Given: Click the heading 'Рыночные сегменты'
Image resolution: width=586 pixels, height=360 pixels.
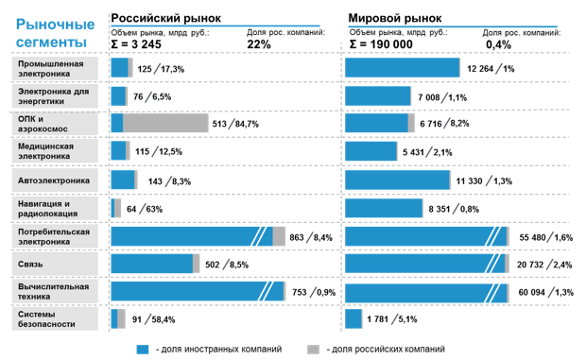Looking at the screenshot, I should point(53,31).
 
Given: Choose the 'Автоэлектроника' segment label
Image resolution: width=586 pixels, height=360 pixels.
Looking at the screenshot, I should point(57,180).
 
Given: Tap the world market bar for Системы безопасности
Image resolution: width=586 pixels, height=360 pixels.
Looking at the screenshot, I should point(354,319).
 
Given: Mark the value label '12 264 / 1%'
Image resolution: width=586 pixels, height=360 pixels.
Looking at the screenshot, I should point(490,68).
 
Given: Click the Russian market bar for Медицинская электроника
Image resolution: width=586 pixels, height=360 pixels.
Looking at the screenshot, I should point(119,151).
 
